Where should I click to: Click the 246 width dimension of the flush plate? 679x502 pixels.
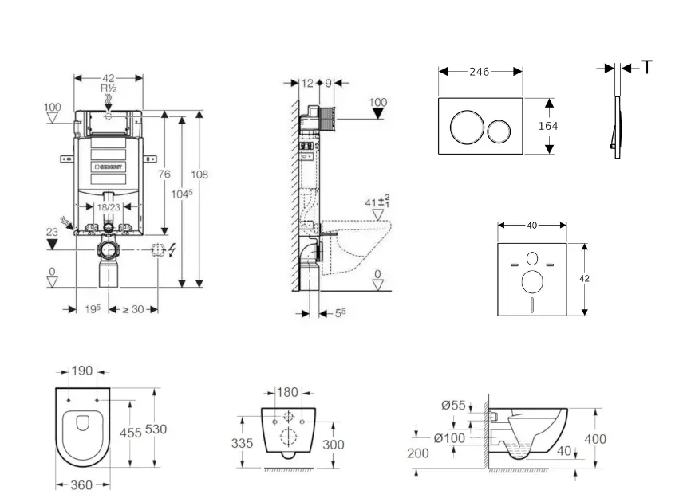pyautogui.click(x=479, y=72)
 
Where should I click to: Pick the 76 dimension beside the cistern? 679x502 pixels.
pyautogui.click(x=164, y=175)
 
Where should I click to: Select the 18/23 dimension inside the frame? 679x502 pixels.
pyautogui.click(x=109, y=206)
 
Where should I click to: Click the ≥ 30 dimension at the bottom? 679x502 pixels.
pyautogui.click(x=132, y=310)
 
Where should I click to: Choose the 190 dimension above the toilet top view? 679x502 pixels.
pyautogui.click(x=83, y=371)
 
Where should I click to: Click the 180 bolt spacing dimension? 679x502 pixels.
pyautogui.click(x=288, y=392)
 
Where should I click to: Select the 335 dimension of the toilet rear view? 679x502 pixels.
pyautogui.click(x=243, y=443)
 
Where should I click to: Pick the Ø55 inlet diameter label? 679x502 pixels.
pyautogui.click(x=453, y=406)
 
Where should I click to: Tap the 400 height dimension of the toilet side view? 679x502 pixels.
pyautogui.click(x=594, y=439)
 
